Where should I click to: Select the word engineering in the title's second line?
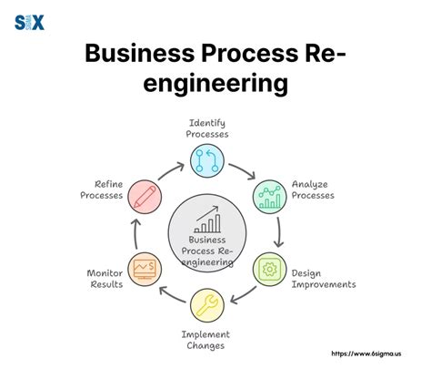click(215, 86)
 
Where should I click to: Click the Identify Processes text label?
click(208, 128)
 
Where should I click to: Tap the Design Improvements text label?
click(323, 278)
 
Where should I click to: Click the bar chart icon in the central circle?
click(208, 220)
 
